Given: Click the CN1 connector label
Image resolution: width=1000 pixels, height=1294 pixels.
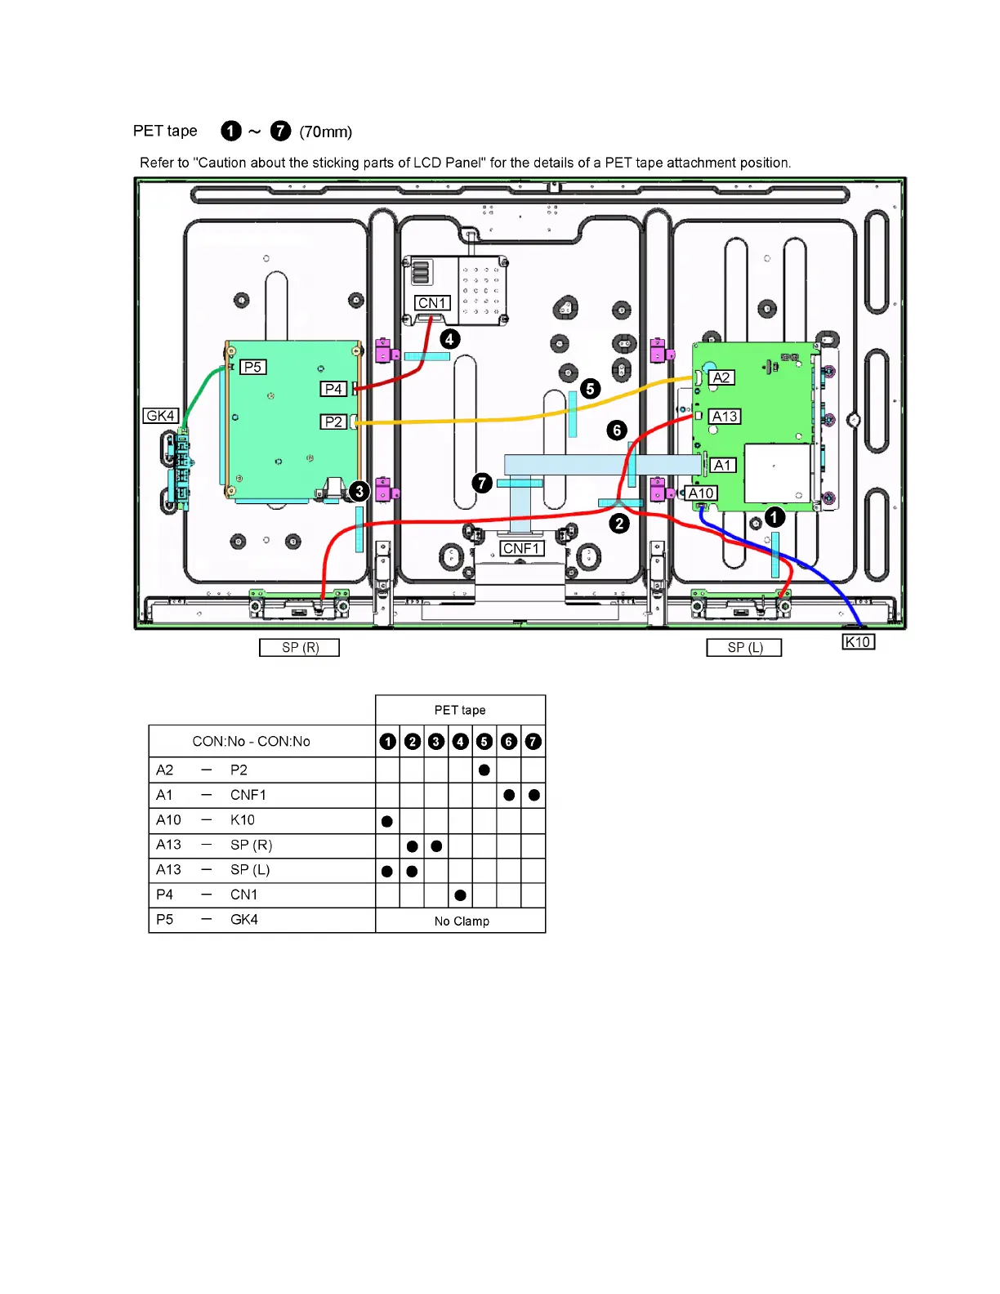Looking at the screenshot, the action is (x=431, y=303).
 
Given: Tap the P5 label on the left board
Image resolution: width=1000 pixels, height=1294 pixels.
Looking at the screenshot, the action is (x=252, y=367).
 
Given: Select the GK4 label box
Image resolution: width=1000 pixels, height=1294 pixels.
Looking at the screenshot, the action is (x=160, y=416).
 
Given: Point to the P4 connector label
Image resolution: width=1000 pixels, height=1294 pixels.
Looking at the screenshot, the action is (x=333, y=389).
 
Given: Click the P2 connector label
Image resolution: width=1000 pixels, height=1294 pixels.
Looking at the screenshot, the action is (x=333, y=422).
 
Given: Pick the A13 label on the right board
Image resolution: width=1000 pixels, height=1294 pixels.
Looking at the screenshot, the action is (x=724, y=417).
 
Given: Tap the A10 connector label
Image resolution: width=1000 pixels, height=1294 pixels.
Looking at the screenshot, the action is (x=701, y=493).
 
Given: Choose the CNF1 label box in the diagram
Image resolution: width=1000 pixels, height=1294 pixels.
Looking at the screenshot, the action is (x=521, y=548).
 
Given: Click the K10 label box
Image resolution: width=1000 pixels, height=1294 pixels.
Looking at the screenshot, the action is (x=858, y=642).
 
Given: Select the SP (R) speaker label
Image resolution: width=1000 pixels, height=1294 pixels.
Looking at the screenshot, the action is (x=300, y=648).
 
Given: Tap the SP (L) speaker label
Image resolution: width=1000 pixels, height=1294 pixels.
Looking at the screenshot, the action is (x=744, y=648).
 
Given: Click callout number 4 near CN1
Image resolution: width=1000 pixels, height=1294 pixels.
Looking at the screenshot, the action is (x=449, y=338).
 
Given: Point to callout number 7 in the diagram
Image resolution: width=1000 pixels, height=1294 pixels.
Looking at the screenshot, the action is (x=482, y=483).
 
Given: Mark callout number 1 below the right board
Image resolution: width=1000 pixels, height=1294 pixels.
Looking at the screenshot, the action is (x=775, y=516).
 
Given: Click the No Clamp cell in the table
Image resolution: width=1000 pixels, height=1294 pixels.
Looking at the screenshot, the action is (x=461, y=921).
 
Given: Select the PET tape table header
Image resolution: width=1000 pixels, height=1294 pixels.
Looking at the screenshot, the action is (x=460, y=710).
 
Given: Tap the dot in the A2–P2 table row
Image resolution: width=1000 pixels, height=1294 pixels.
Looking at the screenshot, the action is (x=484, y=770).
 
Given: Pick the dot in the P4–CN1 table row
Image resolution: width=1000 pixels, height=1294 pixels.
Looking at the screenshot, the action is (x=461, y=895).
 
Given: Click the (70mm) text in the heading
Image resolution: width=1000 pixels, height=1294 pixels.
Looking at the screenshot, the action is (x=325, y=132).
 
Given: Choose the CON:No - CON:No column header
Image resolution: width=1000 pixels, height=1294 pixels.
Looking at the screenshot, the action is (x=251, y=742).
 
